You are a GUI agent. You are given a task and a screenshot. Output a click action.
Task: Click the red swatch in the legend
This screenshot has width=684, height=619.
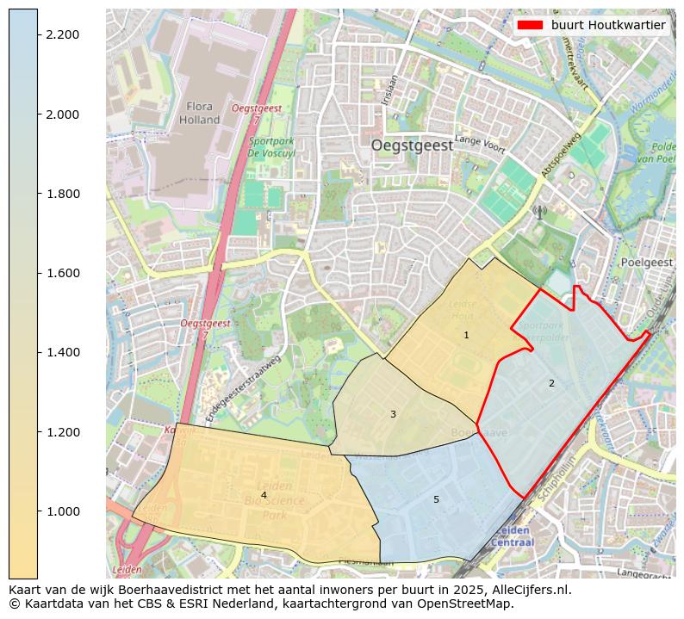point(529,25)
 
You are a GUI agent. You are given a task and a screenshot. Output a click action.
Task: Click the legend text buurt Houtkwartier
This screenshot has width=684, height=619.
point(608,25)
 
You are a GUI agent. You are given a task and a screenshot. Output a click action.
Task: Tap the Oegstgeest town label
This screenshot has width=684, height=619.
point(412,145)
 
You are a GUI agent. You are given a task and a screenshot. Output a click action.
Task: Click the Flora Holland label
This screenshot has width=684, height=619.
point(200,113)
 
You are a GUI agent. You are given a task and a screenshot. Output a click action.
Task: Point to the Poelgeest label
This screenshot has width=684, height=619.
point(646,262)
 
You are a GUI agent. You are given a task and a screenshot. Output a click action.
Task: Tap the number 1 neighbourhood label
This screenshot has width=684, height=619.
point(466,335)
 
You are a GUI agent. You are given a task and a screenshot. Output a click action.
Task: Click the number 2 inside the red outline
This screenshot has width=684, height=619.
point(551,383)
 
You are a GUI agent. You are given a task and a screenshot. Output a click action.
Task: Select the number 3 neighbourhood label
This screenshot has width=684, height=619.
point(393,414)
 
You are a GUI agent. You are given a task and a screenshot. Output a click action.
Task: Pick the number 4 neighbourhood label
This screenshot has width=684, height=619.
point(264,495)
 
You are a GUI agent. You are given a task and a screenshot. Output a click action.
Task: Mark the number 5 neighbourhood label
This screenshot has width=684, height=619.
point(436,499)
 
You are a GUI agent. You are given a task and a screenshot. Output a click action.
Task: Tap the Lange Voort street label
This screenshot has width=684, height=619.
point(480,141)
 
